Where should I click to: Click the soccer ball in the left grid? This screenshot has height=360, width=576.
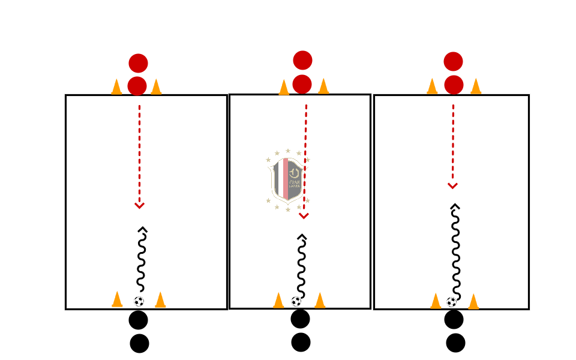coord(139,301)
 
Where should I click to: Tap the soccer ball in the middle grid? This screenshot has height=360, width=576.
coord(296,301)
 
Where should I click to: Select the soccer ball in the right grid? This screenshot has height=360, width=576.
coord(452,301)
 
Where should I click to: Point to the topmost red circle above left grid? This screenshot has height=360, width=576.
coord(138,63)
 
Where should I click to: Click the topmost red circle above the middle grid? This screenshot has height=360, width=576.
coord(302,60)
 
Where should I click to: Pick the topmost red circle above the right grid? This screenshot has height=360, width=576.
coord(453,61)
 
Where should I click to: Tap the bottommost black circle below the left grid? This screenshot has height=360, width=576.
coord(139,343)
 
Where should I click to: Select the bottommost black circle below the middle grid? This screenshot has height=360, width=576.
coord(301,342)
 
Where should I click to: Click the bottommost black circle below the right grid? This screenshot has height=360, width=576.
coord(455,343)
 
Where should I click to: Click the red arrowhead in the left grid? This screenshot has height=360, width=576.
coord(139,206)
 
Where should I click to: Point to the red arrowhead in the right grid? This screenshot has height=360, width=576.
coord(453,186)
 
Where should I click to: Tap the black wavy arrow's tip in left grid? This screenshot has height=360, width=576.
coord(142,229)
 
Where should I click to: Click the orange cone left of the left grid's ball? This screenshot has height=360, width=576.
coord(117,299)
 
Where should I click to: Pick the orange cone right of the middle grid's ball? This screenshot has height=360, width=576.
coord(320,300)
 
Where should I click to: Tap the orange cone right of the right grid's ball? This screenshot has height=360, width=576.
coord(473,301)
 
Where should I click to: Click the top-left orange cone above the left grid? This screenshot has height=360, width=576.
coord(116,87)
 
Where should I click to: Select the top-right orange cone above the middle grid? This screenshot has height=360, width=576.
coord(323,86)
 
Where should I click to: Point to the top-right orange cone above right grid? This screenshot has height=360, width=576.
coord(476,86)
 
